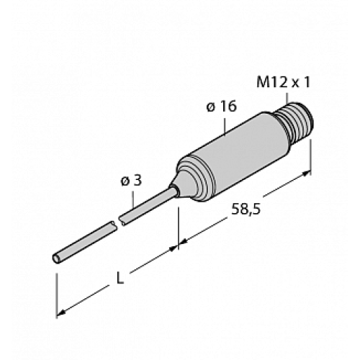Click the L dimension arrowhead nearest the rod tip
(62, 311)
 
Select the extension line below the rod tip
(57, 288)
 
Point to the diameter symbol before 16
(210, 107)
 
